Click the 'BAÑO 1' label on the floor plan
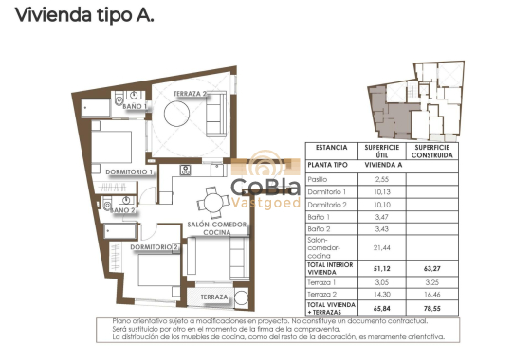coord(136,107)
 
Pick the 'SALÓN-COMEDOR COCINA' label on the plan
coord(218,227)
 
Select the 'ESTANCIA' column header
coord(331,148)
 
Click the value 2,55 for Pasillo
coord(382,178)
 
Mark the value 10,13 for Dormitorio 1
coord(382,190)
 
